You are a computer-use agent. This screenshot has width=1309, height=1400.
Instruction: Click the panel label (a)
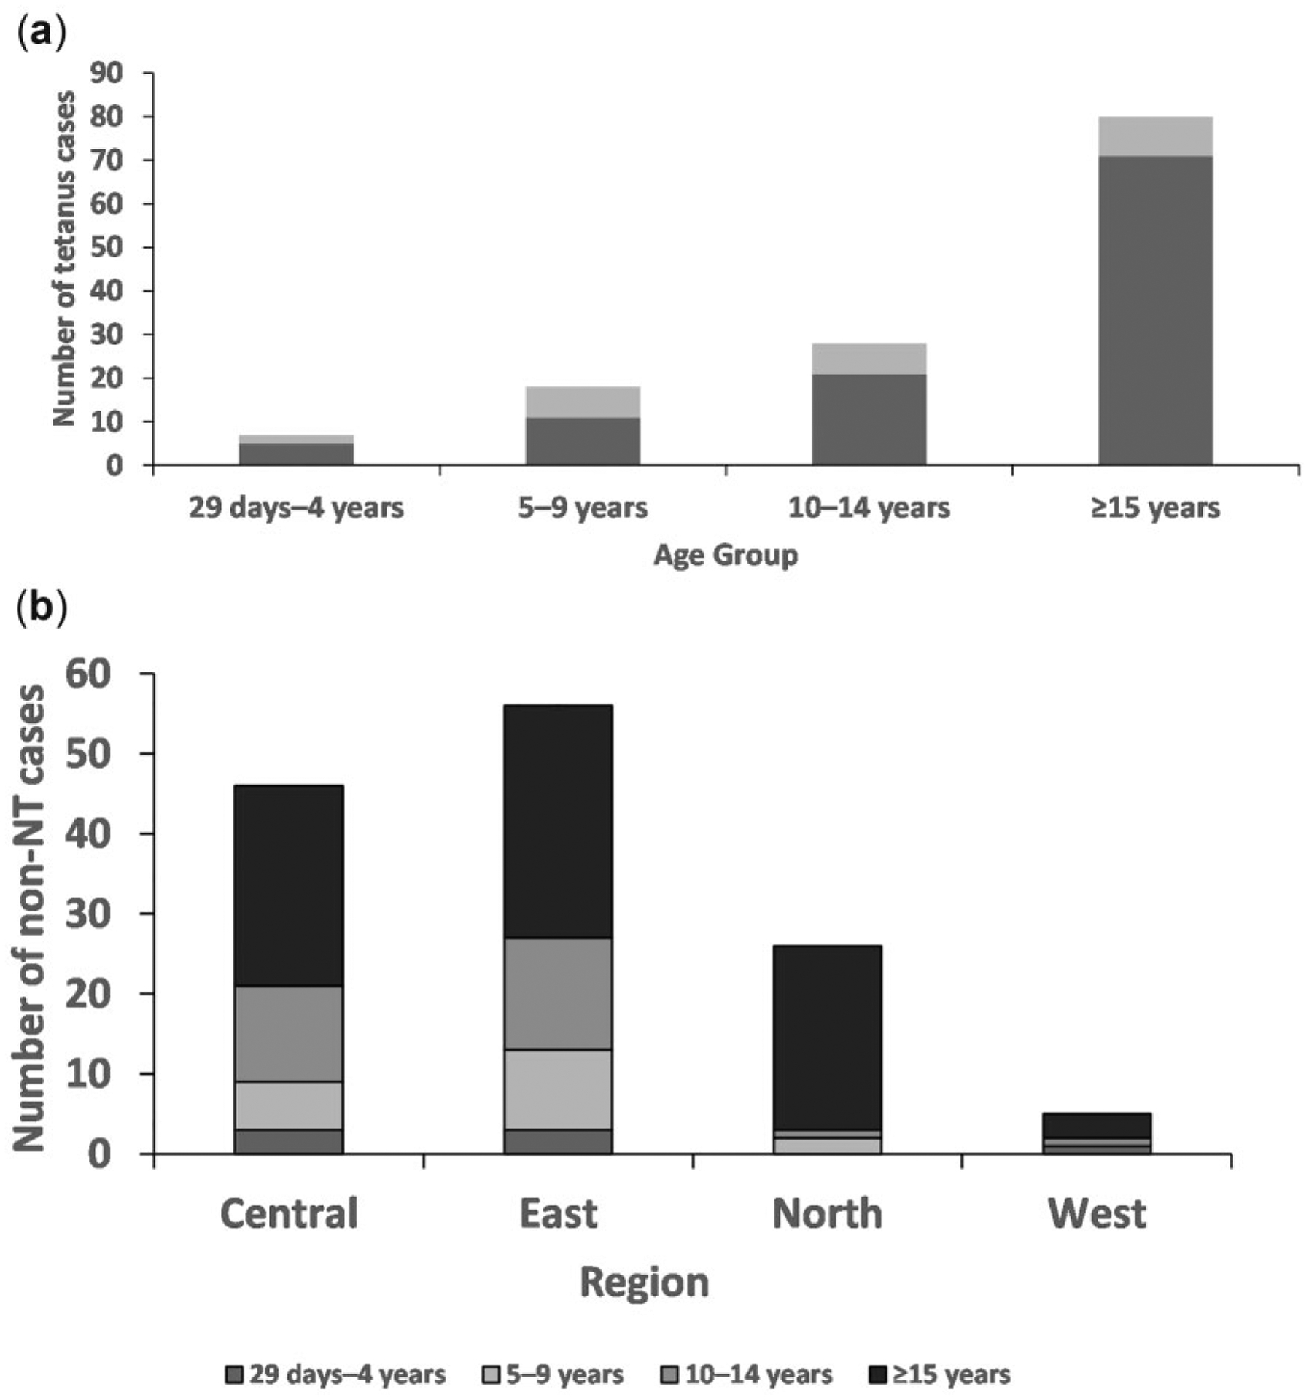[41, 34]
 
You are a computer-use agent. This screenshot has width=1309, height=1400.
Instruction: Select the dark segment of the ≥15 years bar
[1155, 310]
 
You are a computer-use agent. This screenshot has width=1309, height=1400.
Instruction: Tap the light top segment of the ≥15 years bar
[1155, 136]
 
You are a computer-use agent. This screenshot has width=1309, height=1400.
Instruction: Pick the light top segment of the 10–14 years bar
[869, 359]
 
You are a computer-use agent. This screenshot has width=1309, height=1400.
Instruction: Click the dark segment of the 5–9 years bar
[583, 441]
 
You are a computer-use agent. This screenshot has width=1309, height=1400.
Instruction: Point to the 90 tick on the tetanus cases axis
[107, 73]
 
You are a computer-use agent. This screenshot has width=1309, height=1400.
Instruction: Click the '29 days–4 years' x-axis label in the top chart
[296, 507]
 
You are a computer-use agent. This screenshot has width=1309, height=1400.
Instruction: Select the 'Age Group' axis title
[726, 556]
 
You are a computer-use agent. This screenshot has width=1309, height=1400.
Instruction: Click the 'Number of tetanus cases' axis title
[64, 259]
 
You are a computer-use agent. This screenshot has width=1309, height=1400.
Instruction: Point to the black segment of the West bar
[1097, 1124]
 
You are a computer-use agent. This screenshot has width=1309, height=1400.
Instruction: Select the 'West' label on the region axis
[1097, 1214]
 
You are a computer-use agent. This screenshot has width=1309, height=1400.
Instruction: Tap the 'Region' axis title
[644, 1283]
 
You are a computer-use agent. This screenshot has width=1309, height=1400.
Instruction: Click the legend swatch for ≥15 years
[878, 1374]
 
